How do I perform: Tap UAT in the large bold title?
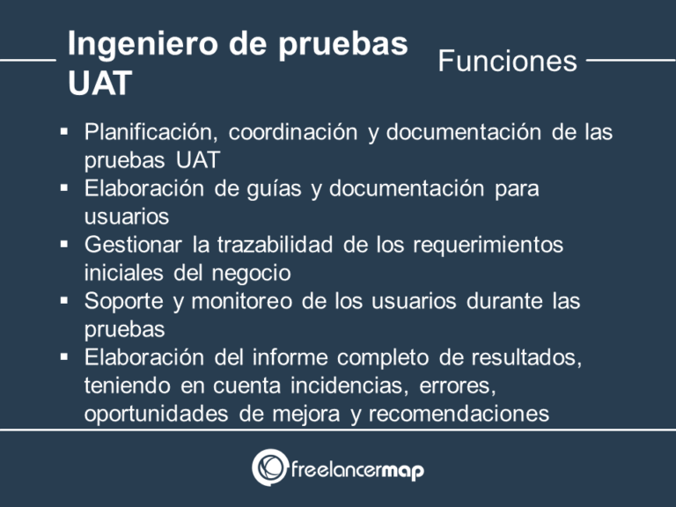[99, 84]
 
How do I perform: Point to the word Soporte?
[123, 301]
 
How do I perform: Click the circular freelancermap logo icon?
[270, 468]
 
